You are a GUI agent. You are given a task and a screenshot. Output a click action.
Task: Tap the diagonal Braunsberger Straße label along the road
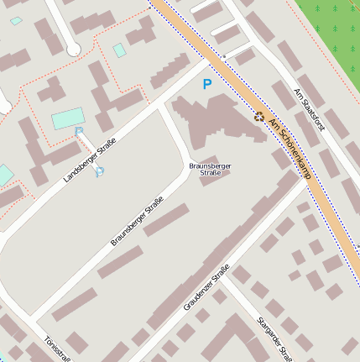(x=136, y=222)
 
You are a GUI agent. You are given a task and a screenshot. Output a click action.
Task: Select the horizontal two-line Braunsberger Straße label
(x=210, y=169)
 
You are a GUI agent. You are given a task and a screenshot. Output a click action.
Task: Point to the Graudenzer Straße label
(x=206, y=288)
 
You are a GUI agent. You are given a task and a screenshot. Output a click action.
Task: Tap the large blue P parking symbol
(x=207, y=84)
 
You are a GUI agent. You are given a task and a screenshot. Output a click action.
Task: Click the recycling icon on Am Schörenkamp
(x=259, y=118)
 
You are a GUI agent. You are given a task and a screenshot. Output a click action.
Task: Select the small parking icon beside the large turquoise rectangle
(x=79, y=131)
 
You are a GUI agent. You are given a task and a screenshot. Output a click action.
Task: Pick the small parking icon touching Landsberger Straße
(x=100, y=172)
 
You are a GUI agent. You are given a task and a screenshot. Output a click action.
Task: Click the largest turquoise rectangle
(x=68, y=118)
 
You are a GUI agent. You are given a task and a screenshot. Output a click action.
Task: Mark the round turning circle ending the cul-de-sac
(x=74, y=50)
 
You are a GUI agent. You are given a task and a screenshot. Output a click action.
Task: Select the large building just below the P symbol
(x=210, y=122)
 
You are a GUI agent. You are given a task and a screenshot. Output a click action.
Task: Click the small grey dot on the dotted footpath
(x=224, y=56)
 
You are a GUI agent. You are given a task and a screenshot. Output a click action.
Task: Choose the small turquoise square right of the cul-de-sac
(x=120, y=50)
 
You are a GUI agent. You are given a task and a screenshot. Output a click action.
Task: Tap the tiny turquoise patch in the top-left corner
(x=16, y=21)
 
